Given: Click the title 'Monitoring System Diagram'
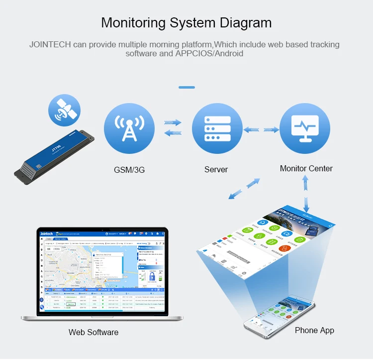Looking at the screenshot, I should coord(186,22).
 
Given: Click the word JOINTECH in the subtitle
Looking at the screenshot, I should coord(50,44).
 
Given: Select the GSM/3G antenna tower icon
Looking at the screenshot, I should coord(129,128).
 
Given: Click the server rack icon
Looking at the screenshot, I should coord(217,128).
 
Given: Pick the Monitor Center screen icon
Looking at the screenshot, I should coord(305,128).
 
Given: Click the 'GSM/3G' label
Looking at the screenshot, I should coord(129,170).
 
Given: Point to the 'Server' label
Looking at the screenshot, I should coord(216,170).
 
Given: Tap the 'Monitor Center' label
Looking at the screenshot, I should coord(306,168).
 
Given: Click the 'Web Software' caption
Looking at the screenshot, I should coord(93,332).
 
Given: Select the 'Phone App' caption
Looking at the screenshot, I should coord(314,330).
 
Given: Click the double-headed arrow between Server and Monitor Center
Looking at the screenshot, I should coord(261,129).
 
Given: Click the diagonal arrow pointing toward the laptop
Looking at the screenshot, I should coord(244,188).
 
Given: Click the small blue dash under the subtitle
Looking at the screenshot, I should coord(186,87).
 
